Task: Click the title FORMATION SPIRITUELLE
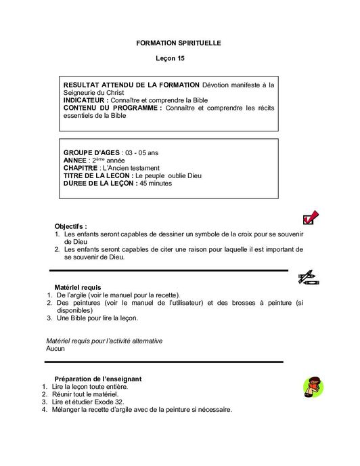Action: pos(179,43)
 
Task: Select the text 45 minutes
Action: pos(156,183)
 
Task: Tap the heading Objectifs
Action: pos(70,226)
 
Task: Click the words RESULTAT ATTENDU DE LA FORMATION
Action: pos(132,85)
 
